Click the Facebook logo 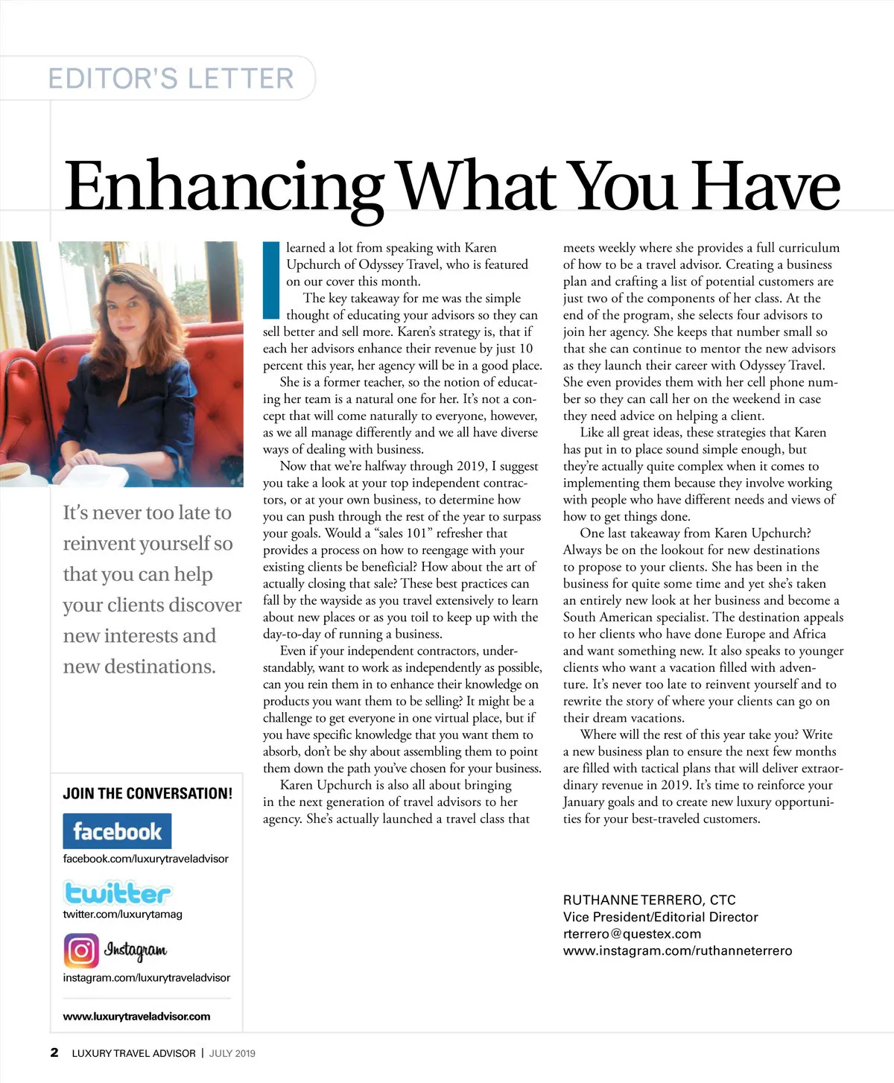(117, 831)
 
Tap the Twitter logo (117, 892)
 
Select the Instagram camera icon (80, 950)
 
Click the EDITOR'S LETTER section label (171, 78)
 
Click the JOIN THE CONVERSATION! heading (148, 793)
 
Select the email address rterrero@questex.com (632, 934)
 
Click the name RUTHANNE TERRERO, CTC (649, 900)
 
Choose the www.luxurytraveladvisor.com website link (136, 1016)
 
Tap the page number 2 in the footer (54, 1052)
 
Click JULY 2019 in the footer (232, 1053)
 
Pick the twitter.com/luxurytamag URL (122, 914)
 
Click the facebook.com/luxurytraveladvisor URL (145, 858)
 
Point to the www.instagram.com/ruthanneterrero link (677, 951)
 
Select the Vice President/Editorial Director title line (660, 917)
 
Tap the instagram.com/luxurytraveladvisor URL (146, 977)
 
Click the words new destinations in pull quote (139, 667)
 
